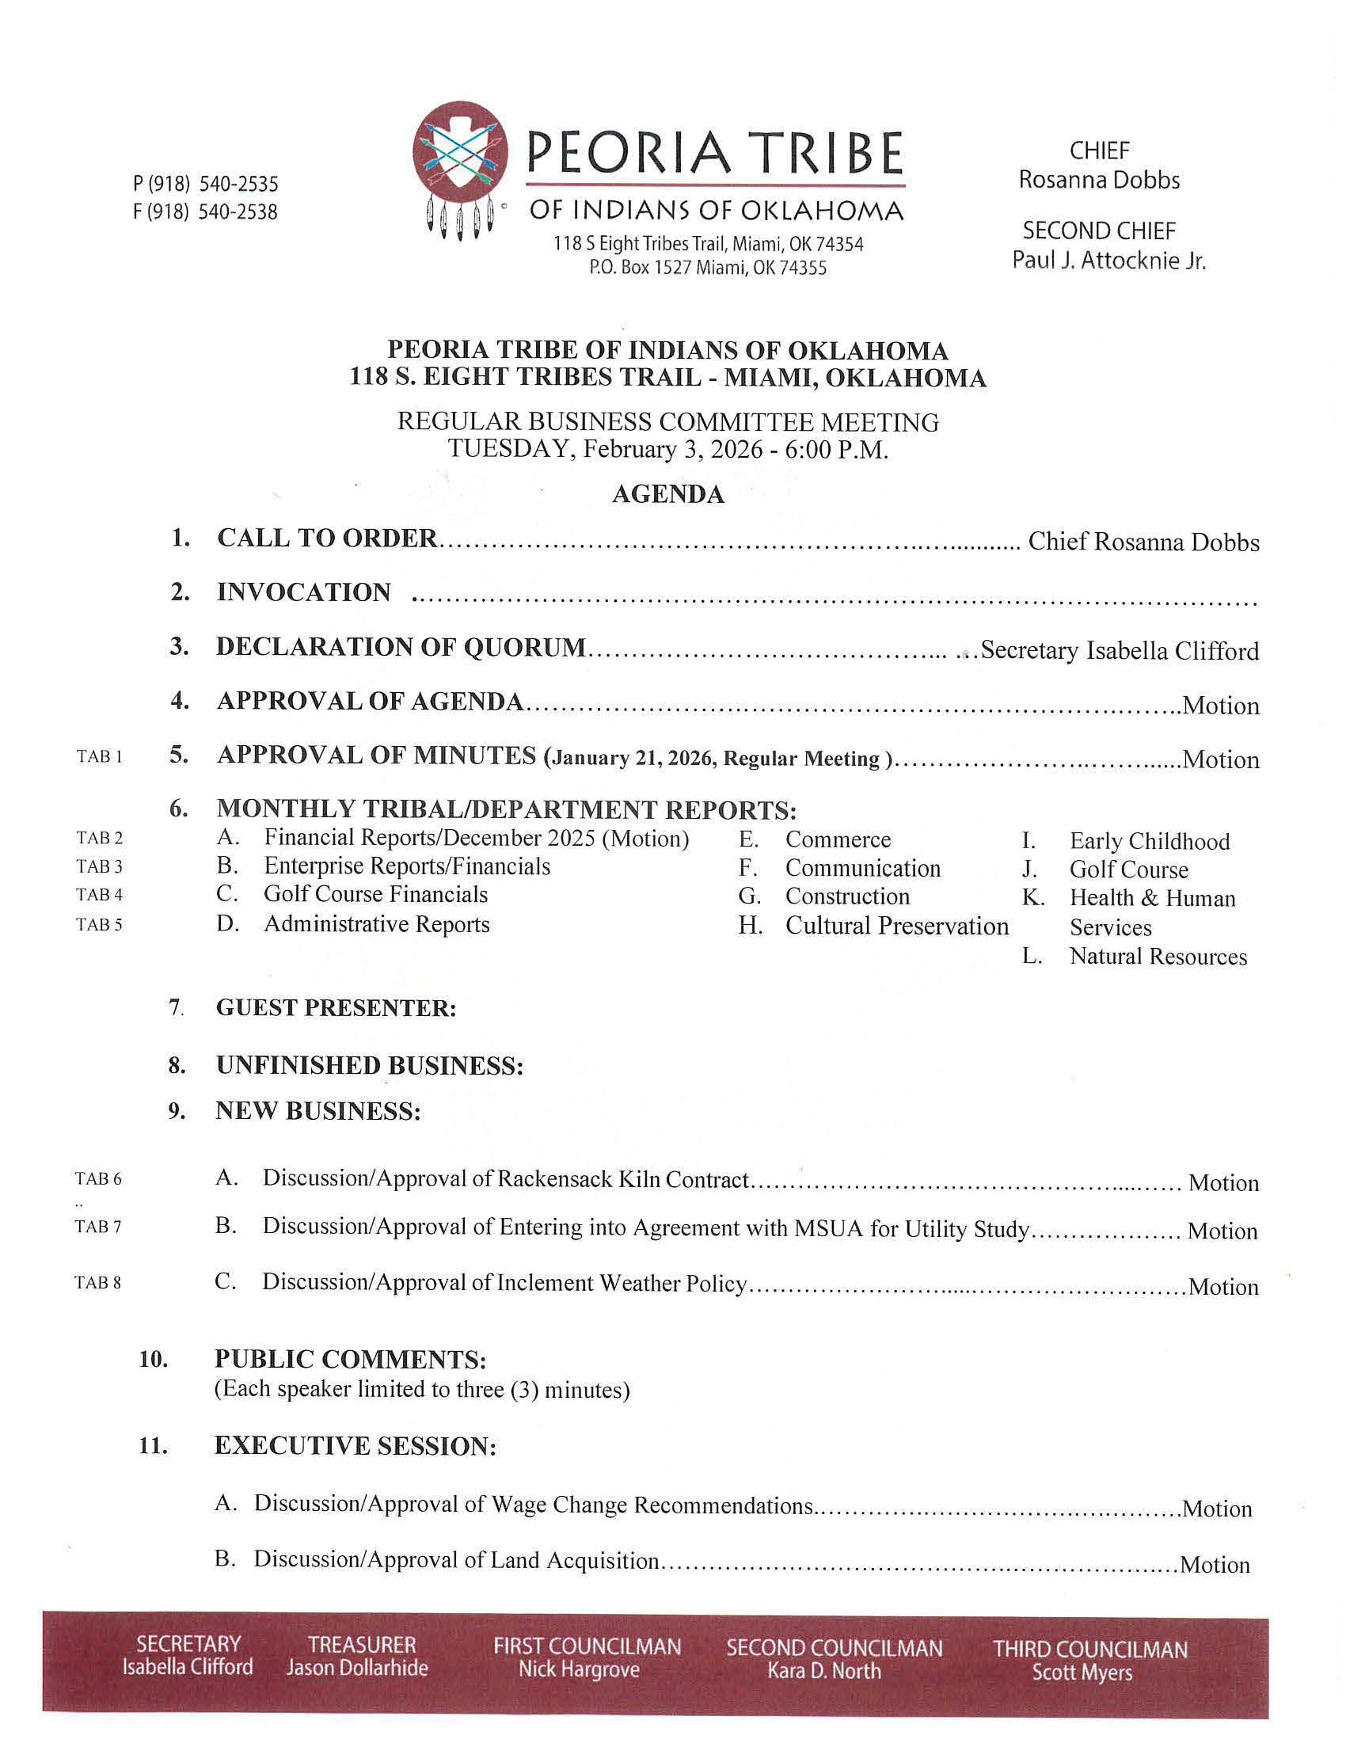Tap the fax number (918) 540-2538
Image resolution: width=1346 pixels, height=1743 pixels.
point(205,212)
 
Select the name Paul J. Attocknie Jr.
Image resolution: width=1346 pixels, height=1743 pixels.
point(1108,261)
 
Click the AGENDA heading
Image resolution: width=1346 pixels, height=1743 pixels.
point(667,495)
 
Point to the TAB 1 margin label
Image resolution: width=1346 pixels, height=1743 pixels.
point(100,756)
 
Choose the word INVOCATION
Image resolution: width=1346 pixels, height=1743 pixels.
point(304,592)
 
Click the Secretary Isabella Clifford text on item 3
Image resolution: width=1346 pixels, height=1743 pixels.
point(1120,651)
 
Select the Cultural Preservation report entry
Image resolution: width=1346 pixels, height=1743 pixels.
point(897,926)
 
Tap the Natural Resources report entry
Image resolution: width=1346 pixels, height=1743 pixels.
point(1158,956)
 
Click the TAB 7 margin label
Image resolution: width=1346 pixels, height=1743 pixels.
point(98,1227)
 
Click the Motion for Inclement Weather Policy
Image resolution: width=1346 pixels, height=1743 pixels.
point(1223,1287)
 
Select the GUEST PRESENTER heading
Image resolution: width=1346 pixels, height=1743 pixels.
point(336,1008)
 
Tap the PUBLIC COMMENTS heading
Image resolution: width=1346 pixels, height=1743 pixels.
point(350,1359)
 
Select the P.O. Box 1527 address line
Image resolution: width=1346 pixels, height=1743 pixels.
point(708,268)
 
